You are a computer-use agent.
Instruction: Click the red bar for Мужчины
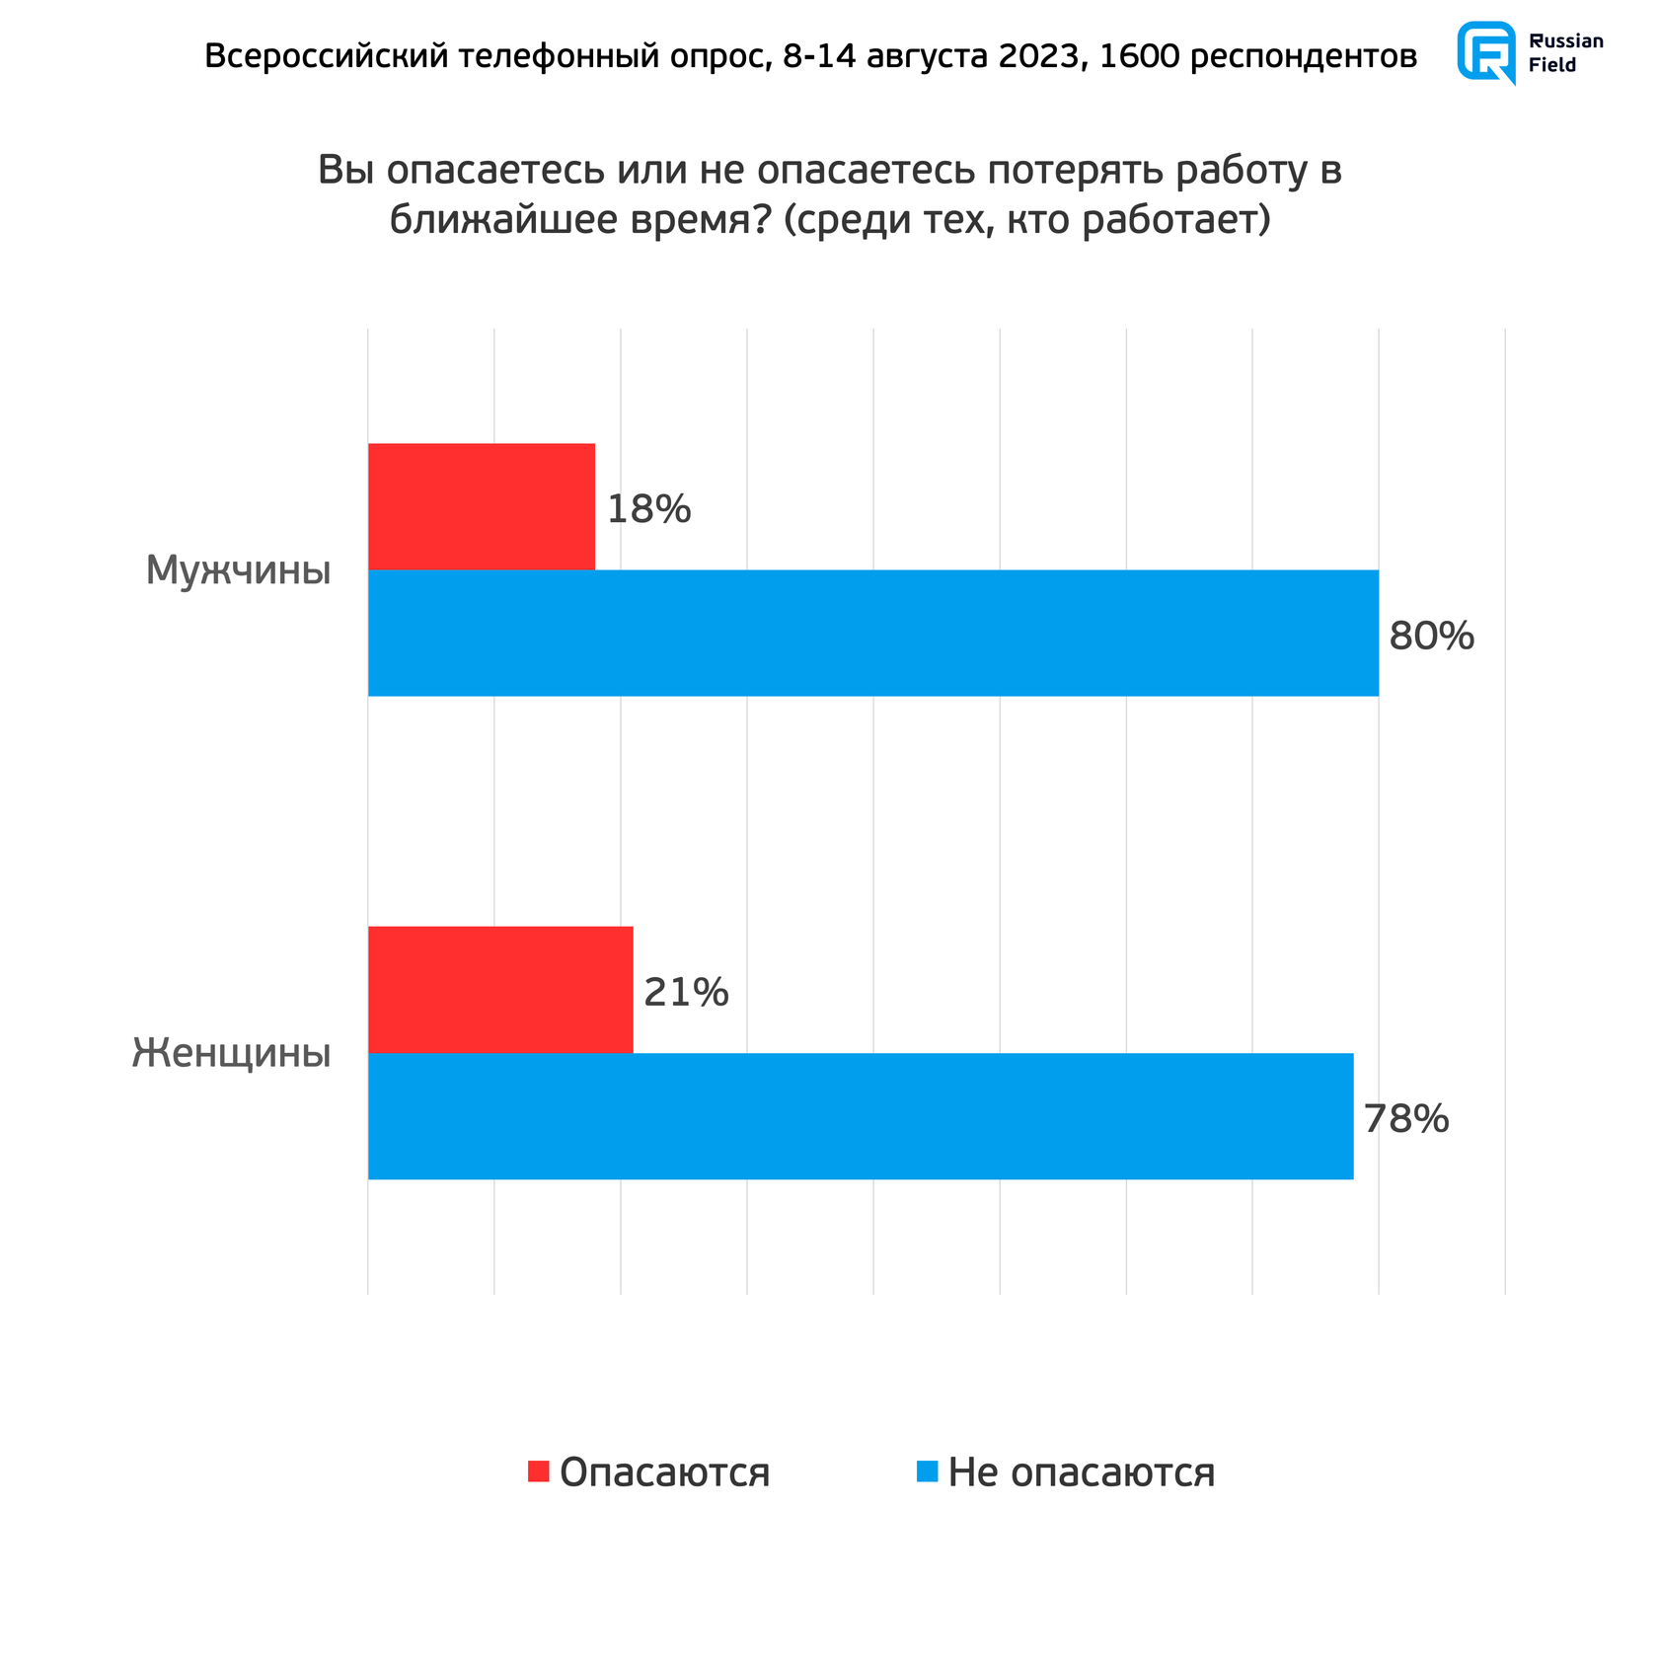(482, 506)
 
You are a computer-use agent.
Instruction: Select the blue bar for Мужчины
(872, 633)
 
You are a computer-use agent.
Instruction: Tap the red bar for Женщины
(500, 989)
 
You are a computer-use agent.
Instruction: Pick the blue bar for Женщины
(860, 1115)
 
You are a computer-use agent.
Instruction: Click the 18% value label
(648, 509)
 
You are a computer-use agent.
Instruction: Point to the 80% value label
(1431, 637)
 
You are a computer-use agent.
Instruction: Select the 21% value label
(686, 992)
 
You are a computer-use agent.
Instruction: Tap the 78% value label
(1406, 1119)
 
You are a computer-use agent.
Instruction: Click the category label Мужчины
(238, 570)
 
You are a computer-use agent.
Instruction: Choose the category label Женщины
(232, 1053)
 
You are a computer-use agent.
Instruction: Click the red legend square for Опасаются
(538, 1470)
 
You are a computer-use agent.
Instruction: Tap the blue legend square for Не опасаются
(927, 1470)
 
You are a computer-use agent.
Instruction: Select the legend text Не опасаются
(1081, 1471)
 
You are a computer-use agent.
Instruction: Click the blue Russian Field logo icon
(1486, 51)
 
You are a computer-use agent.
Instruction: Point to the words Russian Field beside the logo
(1565, 53)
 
